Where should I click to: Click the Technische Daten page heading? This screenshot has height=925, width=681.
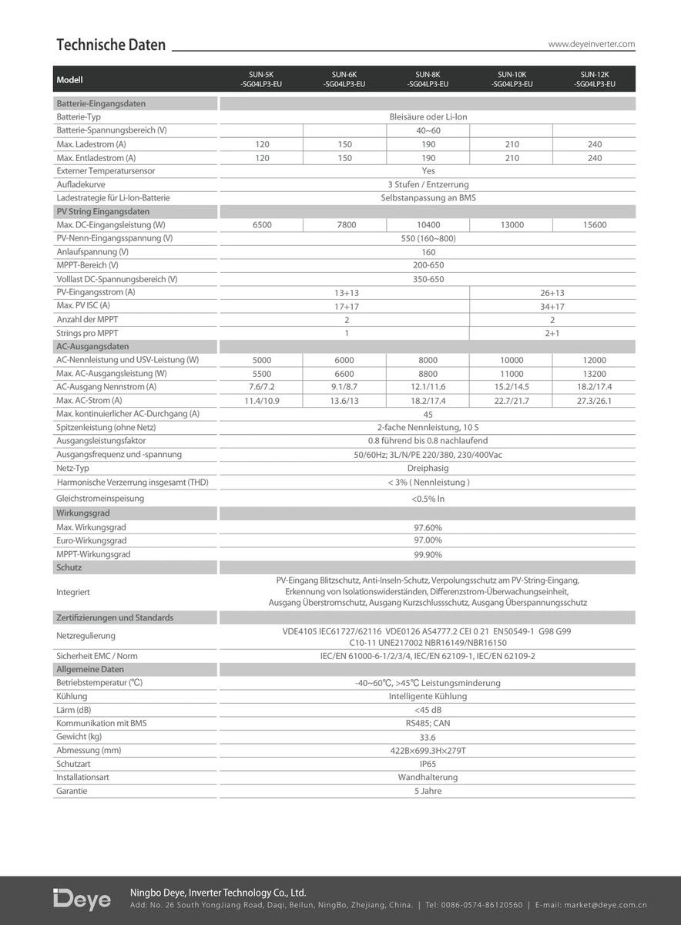coord(111,45)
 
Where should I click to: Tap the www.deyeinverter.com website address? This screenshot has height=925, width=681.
coord(591,45)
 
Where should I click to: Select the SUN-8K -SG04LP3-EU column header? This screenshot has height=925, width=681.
coord(428,79)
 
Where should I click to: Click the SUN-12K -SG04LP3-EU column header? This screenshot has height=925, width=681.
coord(595,79)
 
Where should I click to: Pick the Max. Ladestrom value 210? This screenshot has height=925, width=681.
coord(512,144)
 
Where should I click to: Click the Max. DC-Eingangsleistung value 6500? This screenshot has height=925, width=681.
coord(262,225)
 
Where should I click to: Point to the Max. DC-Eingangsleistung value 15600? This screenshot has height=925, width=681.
coord(595,225)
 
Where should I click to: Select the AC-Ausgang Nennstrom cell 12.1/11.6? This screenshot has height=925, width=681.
coord(428,387)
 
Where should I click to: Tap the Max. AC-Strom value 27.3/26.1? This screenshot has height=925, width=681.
coord(595,401)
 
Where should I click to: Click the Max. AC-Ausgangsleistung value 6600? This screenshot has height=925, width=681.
coord(344,374)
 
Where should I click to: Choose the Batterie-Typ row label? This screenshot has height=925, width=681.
coord(79,117)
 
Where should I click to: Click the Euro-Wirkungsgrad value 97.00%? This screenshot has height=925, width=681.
coord(428,541)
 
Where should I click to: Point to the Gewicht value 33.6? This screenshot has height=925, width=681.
coord(428,737)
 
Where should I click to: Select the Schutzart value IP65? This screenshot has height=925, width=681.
coord(428,764)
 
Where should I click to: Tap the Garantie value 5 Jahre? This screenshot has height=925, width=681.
coord(428,791)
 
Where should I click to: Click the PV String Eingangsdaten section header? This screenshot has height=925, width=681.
coord(103,211)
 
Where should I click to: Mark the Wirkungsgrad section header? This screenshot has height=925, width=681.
coord(80,512)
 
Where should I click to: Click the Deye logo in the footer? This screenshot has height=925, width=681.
coord(82,900)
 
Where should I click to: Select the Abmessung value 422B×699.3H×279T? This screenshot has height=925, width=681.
coord(428,751)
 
